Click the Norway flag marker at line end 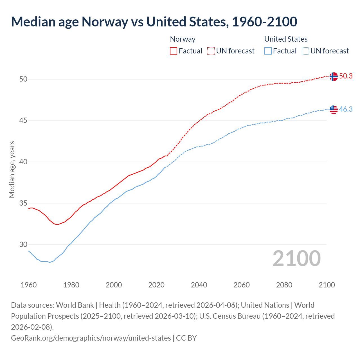333,76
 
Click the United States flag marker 333,109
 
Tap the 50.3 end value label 346,76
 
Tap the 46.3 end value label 346,109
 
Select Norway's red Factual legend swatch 174,51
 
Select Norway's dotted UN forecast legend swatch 211,51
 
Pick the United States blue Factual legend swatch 268,51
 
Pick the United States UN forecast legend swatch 305,51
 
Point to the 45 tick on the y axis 23,121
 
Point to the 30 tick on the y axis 23,244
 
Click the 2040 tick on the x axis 199,285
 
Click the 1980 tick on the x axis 71,285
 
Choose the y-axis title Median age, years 12,170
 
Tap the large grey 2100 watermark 296,258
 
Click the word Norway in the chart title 105,22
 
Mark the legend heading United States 286,39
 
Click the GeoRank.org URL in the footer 91,338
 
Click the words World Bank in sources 75,305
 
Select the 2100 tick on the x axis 327,285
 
